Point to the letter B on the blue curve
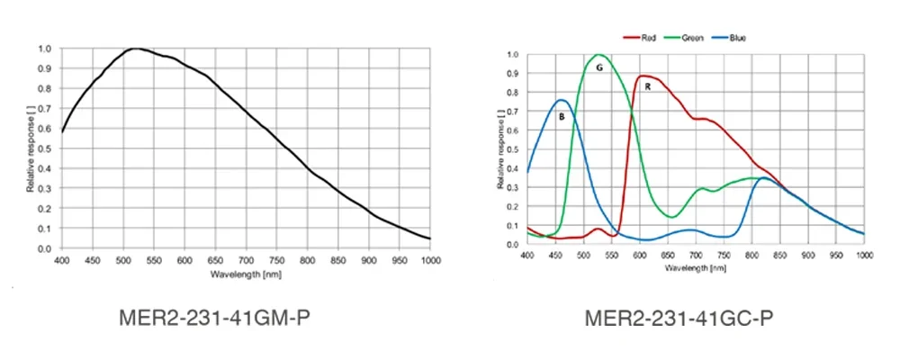coord(562,116)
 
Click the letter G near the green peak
coord(598,67)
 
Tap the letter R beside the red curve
coord(647,86)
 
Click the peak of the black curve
coord(135,49)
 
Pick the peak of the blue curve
coord(561,100)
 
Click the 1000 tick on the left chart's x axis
coord(430,260)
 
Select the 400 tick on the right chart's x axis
coord(527,256)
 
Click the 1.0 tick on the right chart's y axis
coord(512,55)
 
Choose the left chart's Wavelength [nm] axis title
coord(246,273)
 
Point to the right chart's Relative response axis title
coord(500,149)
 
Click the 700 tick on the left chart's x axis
coord(246,260)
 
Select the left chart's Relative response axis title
coord(30,148)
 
